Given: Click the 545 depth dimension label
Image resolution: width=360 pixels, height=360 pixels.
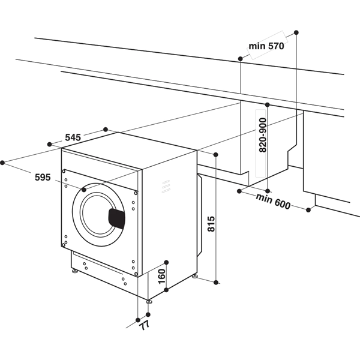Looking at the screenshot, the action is (73, 137).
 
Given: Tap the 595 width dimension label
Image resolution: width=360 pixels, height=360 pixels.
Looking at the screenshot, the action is (43, 177).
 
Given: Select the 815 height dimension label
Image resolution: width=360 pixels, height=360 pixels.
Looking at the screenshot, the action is (211, 224).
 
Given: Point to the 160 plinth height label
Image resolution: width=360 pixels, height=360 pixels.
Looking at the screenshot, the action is (162, 277).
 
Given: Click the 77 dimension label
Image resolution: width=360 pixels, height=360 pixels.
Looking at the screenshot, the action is (145, 325).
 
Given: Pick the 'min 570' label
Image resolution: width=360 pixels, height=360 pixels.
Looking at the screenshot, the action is (266, 46).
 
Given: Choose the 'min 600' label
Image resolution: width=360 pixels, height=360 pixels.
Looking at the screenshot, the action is (273, 202).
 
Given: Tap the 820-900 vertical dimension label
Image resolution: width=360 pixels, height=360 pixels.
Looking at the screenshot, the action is (263, 135).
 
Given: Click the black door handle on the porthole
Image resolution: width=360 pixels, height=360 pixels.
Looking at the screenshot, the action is (117, 219).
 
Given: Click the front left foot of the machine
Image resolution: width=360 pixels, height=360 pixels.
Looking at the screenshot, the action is (74, 271).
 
